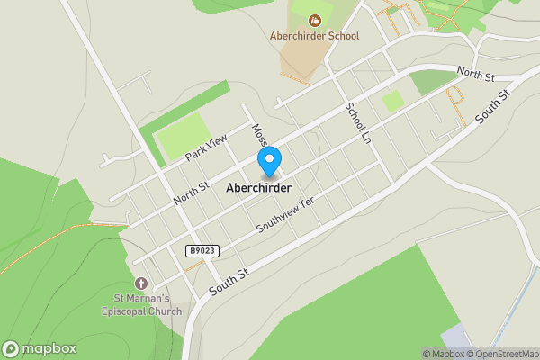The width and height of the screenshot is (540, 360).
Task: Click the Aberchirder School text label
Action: pyautogui.click(x=314, y=36)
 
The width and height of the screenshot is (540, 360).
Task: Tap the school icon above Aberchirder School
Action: pyautogui.click(x=314, y=20)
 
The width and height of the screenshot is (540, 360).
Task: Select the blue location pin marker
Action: pyautogui.click(x=268, y=162)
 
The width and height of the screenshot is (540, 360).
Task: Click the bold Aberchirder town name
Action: pyautogui.click(x=265, y=188)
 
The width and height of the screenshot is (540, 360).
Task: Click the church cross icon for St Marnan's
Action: pyautogui.click(x=139, y=283)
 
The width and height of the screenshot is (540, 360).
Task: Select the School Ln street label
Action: pyautogui.click(x=357, y=121)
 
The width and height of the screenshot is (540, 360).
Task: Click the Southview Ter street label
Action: pyautogui.click(x=287, y=215)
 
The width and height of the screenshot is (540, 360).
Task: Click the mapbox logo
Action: pyautogui.click(x=40, y=348)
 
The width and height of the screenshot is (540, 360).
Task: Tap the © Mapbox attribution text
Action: pyautogui.click(x=445, y=354)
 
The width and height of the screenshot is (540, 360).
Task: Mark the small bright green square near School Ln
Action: pyautogui.click(x=392, y=101)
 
